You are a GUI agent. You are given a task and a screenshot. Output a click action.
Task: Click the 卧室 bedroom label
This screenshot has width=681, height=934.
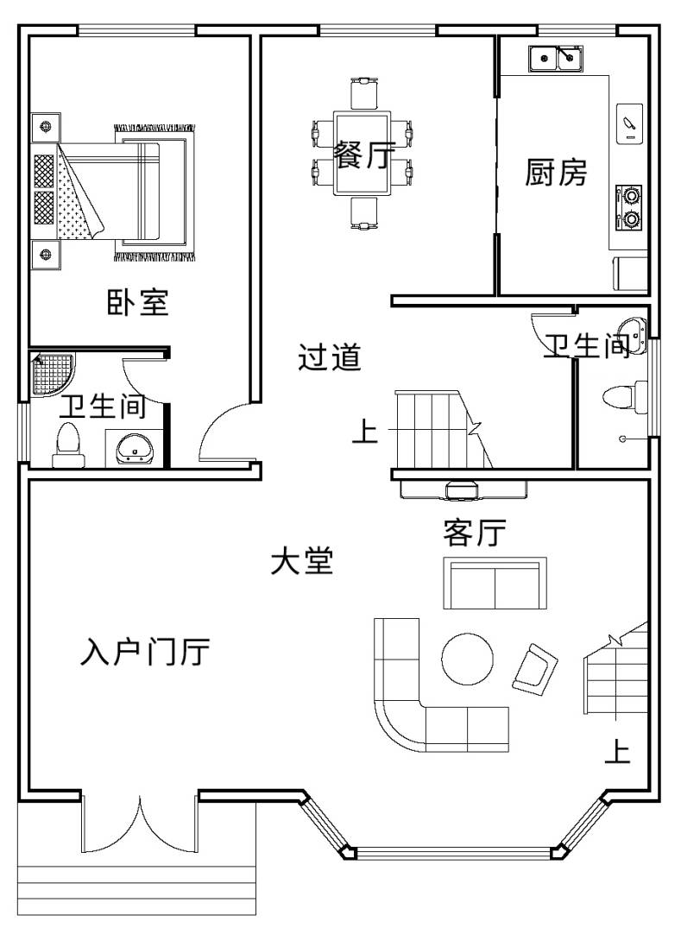point(137,302)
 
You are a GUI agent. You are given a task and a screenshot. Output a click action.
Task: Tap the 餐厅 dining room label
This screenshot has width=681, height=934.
point(363,155)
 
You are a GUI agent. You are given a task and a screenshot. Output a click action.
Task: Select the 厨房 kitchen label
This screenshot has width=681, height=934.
point(556,172)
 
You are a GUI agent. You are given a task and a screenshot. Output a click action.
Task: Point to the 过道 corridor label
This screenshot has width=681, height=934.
point(330,357)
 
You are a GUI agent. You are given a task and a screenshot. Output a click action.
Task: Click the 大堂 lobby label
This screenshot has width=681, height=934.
point(302,561)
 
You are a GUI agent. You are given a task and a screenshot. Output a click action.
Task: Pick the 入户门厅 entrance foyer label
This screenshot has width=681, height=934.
point(145,652)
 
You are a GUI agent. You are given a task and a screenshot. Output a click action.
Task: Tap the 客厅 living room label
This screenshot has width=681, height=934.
point(474,533)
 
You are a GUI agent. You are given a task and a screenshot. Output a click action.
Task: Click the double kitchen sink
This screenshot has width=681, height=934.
point(557,58)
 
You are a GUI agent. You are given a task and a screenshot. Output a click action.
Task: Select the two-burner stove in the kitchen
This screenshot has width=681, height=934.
point(630,207)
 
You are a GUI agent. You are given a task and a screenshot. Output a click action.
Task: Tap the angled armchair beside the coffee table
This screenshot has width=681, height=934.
point(534,668)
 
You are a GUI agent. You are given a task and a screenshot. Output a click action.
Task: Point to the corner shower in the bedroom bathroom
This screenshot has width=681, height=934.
point(53,374)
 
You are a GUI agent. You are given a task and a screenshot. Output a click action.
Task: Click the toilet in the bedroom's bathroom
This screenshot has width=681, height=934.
point(68,445)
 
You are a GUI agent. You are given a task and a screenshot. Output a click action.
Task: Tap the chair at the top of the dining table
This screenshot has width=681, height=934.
point(363,93)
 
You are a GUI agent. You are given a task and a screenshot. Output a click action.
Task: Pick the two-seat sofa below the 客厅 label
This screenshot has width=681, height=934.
point(495,584)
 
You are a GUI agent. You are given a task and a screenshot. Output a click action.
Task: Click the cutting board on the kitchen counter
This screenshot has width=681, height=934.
point(629,123)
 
